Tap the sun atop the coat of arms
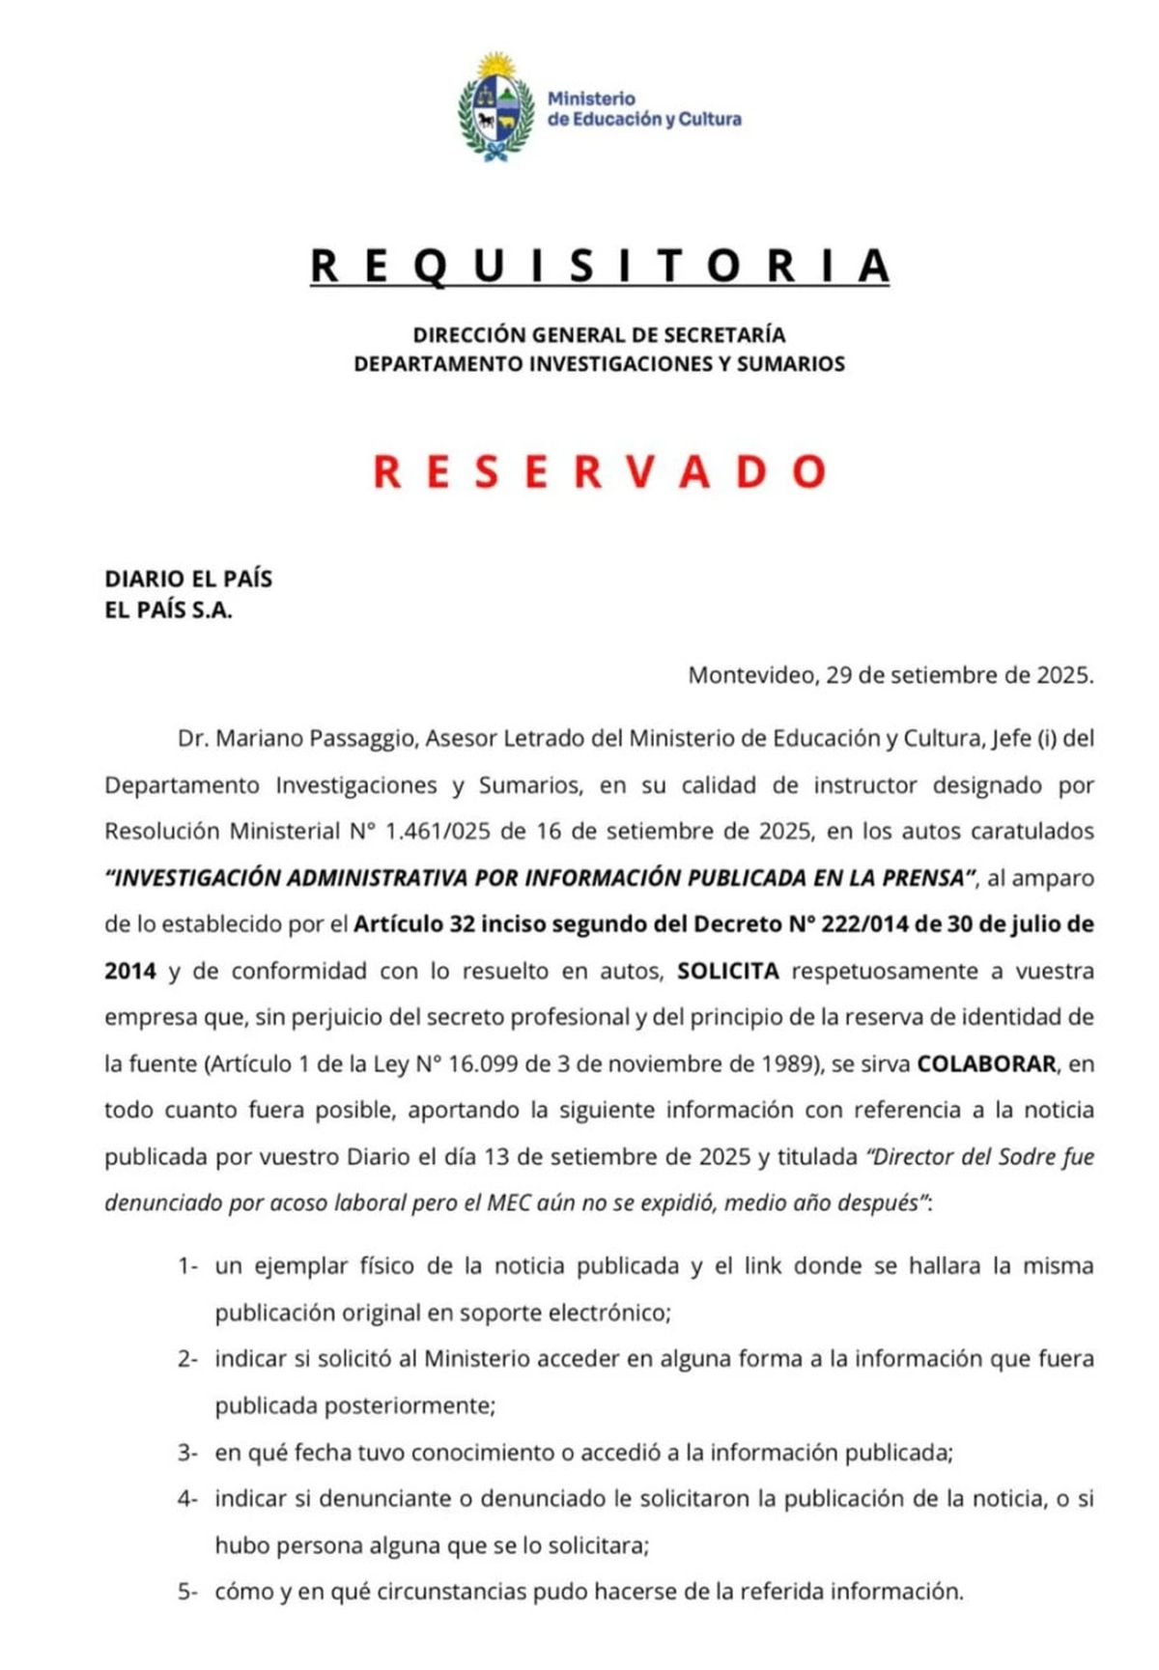coord(497,66)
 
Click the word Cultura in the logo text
coord(709,120)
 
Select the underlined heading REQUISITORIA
coord(599,266)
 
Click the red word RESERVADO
coord(600,471)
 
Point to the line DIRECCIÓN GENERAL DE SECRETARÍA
coord(599,335)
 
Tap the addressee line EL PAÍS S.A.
coord(168,610)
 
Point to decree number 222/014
coord(862,924)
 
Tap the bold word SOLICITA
coord(728,971)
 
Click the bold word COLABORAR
coord(986,1063)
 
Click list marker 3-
coord(187,1453)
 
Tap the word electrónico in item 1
coord(608,1313)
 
